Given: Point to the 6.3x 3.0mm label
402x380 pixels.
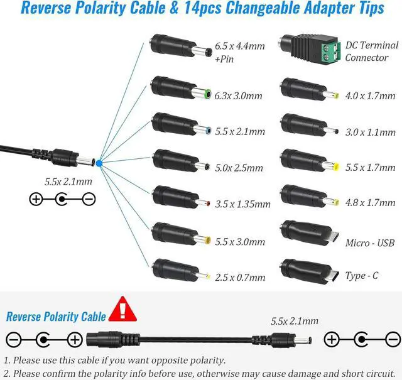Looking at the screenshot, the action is [x=238, y=96].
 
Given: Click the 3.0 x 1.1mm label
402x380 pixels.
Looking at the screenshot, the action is [x=371, y=133].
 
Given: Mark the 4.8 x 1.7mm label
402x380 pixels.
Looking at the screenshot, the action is [x=371, y=203].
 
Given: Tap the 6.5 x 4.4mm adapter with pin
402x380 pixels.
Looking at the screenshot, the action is [x=179, y=50].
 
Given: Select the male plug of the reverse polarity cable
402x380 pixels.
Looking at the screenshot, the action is [x=292, y=340].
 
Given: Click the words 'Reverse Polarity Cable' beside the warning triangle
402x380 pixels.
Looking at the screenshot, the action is [x=52, y=317].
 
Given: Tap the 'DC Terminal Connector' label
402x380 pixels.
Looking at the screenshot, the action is [x=371, y=52].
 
